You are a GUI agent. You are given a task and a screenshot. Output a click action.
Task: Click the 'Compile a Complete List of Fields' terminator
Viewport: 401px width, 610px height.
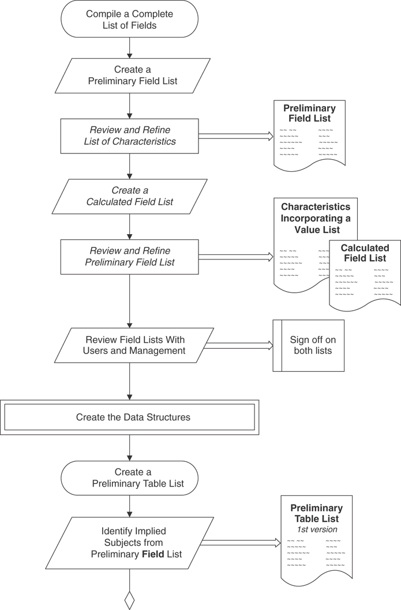point(129,19)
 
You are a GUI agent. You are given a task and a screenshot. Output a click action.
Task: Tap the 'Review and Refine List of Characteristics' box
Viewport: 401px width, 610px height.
point(129,136)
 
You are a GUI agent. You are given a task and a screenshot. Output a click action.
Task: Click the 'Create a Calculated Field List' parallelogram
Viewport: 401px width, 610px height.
point(129,196)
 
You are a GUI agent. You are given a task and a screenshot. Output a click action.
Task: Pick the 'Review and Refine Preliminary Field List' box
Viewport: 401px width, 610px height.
point(129,257)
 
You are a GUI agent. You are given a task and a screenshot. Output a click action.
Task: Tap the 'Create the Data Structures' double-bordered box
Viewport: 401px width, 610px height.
point(129,417)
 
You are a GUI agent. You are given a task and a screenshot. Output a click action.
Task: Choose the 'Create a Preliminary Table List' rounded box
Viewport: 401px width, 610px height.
point(129,478)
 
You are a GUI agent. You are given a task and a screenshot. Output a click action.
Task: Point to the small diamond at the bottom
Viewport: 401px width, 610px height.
point(129,601)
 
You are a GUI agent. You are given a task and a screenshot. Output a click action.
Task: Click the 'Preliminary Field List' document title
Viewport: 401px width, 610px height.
point(309,113)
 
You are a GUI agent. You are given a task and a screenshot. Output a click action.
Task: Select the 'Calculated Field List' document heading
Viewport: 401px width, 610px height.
point(365,253)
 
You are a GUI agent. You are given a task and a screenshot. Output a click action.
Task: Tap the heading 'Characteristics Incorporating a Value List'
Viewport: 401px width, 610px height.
point(315,218)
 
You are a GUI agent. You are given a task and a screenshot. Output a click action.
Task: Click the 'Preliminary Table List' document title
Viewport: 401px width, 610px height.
point(316,513)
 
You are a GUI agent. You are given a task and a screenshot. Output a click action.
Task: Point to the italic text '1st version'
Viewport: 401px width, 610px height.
point(316,529)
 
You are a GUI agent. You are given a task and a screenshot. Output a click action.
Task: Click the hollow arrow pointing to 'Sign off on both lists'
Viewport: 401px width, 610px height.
point(238,345)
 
